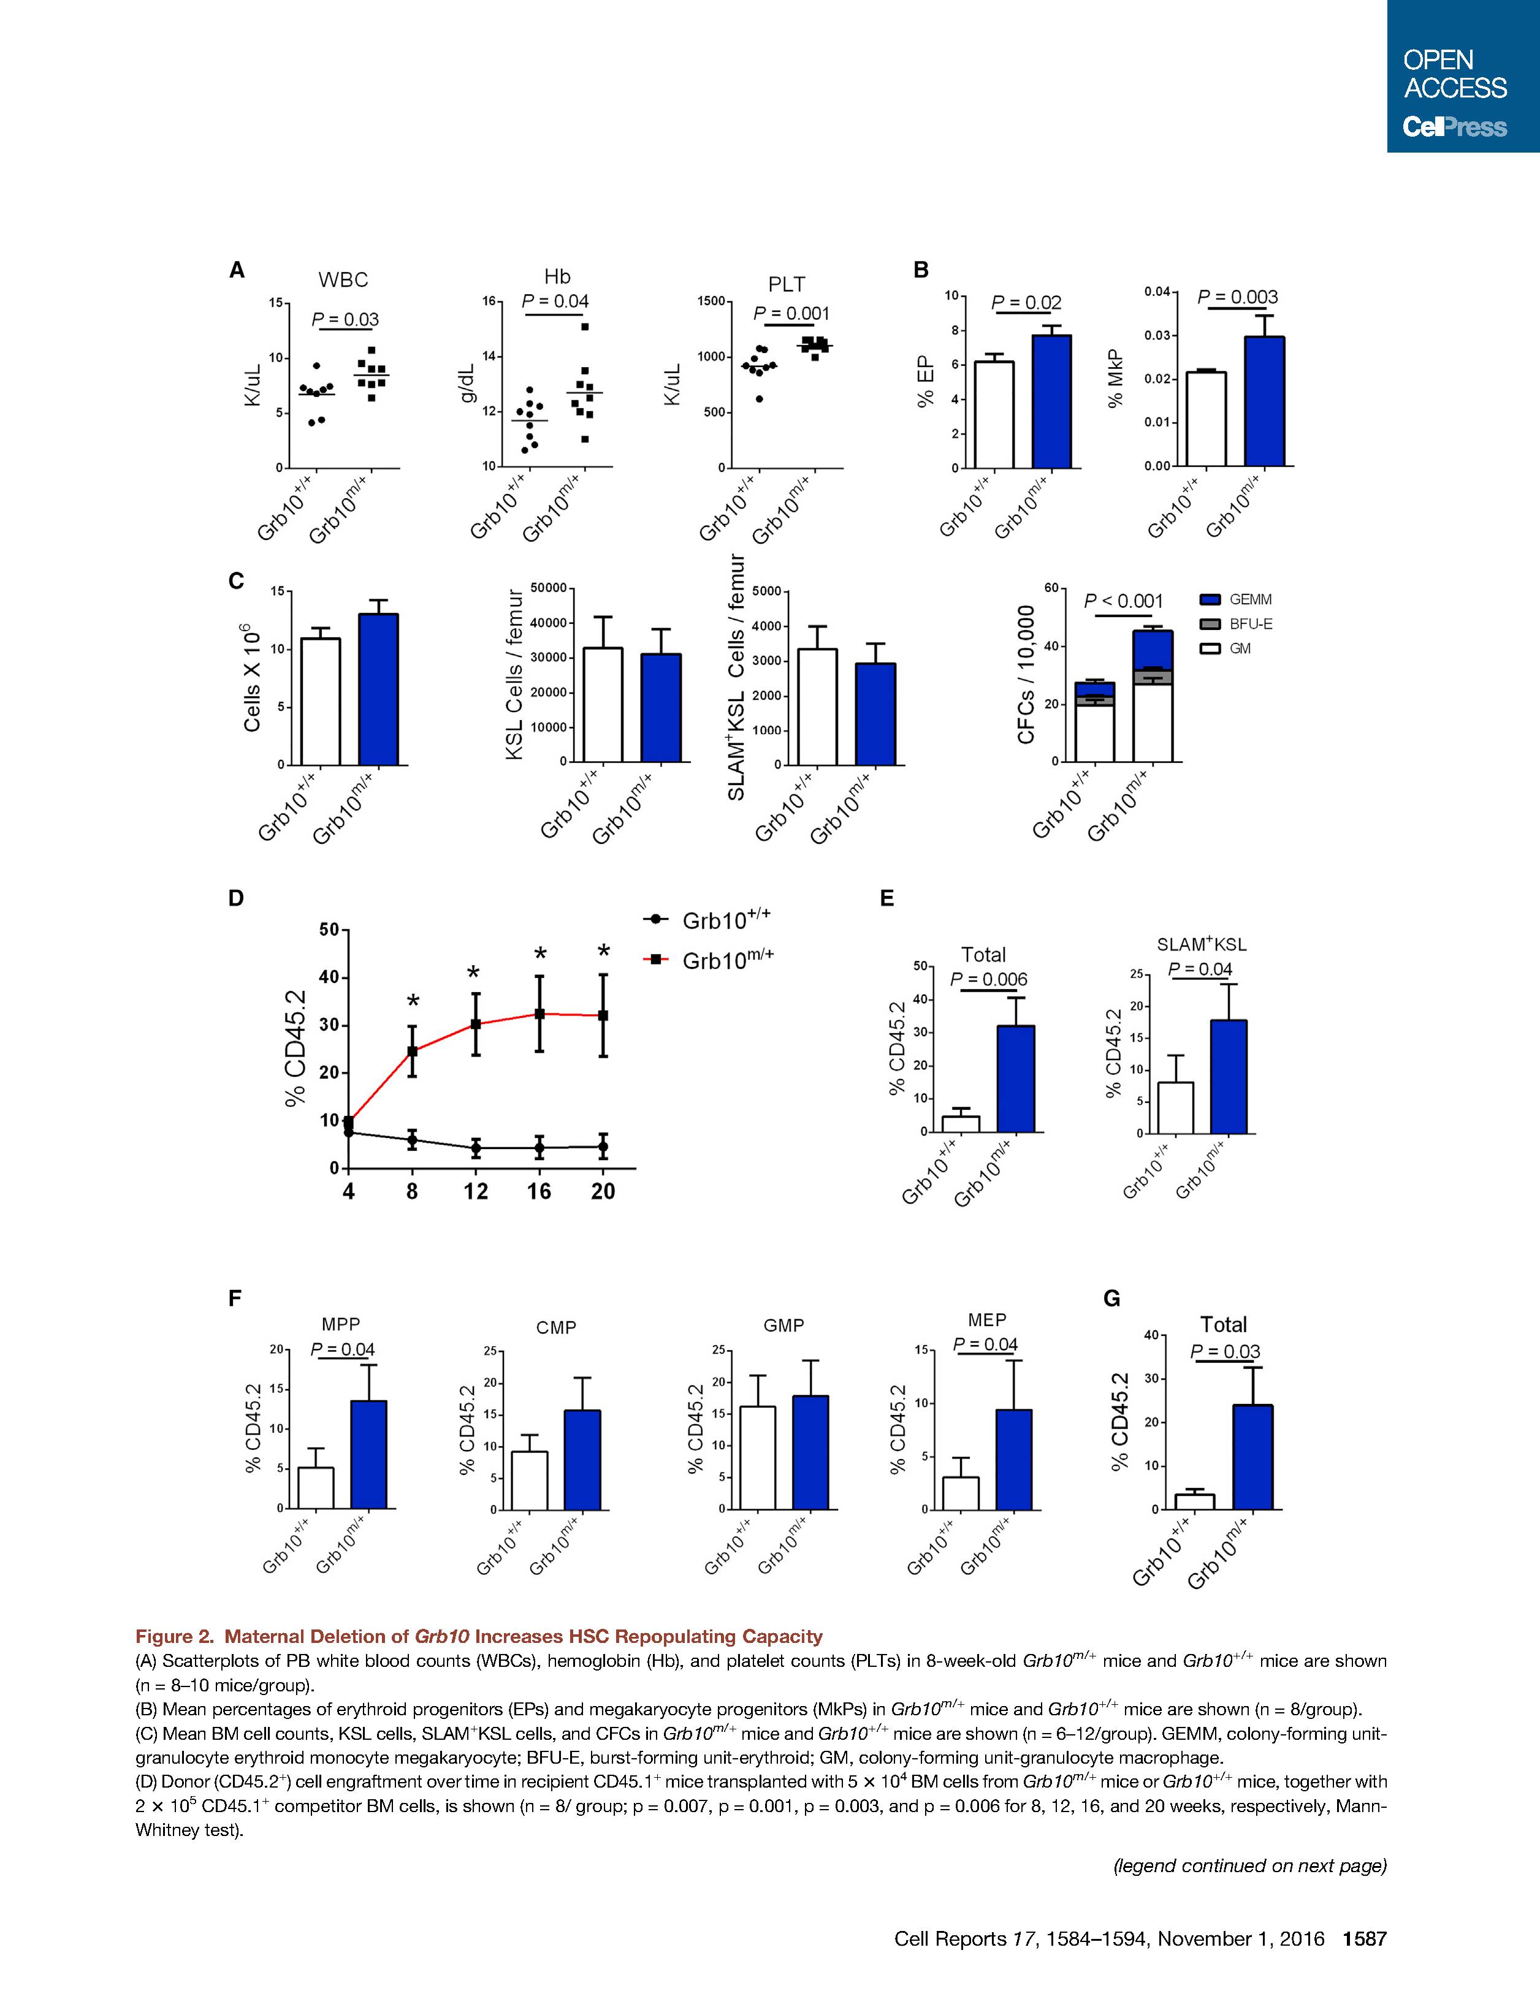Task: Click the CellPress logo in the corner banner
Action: point(1455,127)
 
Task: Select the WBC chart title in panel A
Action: point(343,279)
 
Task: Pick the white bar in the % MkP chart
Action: point(1206,419)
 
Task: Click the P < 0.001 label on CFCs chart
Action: point(1123,601)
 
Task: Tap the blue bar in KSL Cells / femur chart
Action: point(661,708)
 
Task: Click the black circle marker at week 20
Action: point(603,1146)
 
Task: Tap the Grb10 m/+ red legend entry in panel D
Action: point(709,958)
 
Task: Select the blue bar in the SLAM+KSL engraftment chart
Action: point(1228,1076)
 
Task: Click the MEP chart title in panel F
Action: point(987,1320)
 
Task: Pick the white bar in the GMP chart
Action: point(757,1457)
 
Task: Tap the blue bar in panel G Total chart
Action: point(1252,1457)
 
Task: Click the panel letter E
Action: point(886,899)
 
